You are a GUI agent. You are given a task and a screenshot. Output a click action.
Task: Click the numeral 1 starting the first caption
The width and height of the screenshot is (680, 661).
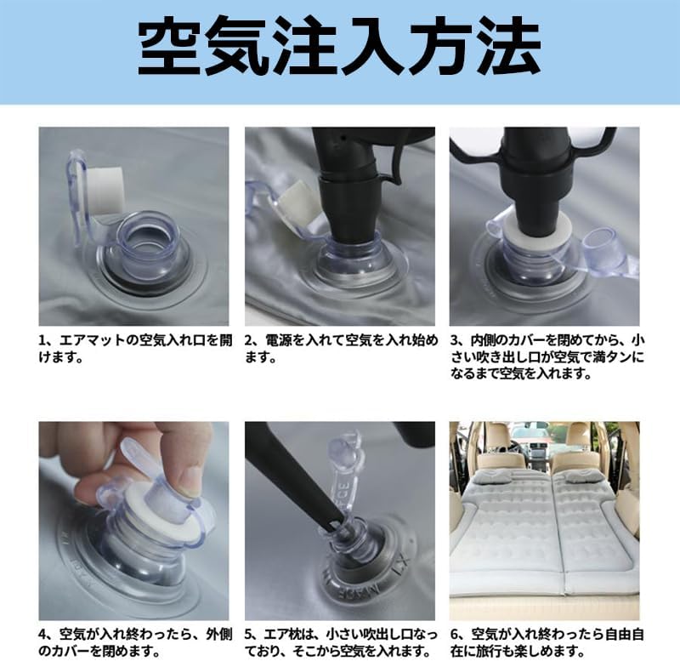(42, 340)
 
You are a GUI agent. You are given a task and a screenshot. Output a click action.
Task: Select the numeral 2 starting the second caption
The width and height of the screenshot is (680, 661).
(248, 340)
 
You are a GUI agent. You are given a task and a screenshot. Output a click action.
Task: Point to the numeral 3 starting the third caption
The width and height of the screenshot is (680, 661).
(454, 340)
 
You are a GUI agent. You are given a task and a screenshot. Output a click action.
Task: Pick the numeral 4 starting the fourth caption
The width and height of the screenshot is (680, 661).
(42, 635)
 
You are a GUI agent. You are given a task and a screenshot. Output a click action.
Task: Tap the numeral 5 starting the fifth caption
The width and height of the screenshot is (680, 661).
(248, 635)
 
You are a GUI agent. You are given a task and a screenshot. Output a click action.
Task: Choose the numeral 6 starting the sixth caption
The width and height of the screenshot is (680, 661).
(454, 635)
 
